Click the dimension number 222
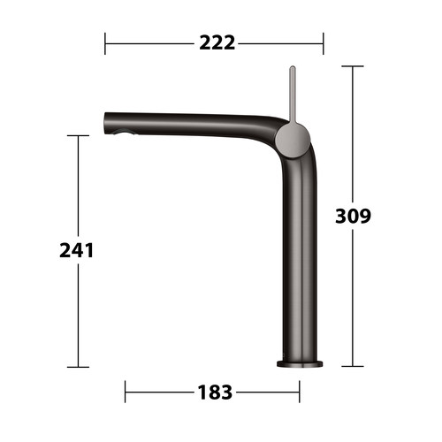[x=217, y=43]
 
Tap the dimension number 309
[x=353, y=216]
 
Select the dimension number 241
[x=77, y=251]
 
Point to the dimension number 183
[x=215, y=392]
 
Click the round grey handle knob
[x=293, y=141]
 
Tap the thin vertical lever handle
[x=293, y=95]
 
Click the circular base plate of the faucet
[x=300, y=364]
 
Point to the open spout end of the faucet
[x=106, y=123]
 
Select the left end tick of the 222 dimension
[x=105, y=43]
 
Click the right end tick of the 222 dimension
[x=324, y=43]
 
